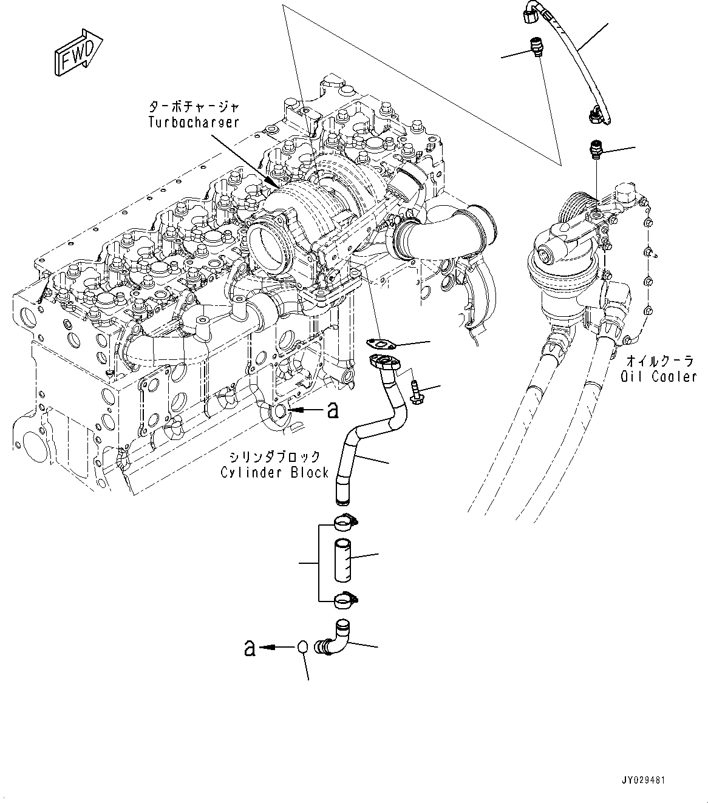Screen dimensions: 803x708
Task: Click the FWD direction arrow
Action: coord(77,54)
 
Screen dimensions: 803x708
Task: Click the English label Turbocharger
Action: coord(194,122)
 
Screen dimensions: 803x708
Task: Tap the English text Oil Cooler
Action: coord(658,377)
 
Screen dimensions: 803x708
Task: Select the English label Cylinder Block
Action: coord(274,472)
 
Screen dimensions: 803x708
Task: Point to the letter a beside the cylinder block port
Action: coord(332,411)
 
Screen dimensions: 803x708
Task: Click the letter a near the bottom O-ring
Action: coord(249,648)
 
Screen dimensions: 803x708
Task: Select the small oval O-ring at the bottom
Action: coord(304,648)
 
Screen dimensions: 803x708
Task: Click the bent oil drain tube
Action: coord(370,431)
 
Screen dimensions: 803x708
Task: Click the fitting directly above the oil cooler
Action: coord(595,151)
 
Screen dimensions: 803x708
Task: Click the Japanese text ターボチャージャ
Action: coord(194,107)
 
